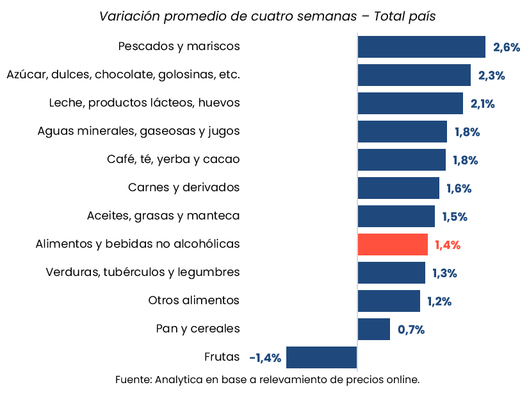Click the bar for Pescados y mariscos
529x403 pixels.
(x=421, y=47)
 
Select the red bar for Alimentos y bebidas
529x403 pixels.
(x=393, y=244)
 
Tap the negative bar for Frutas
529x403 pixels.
(x=321, y=357)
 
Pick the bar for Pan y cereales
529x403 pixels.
(x=374, y=329)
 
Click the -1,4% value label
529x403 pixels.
(x=265, y=358)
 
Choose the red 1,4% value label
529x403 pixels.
(x=448, y=245)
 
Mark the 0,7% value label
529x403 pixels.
(x=411, y=330)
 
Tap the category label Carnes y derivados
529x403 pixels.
(x=184, y=187)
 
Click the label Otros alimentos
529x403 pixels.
(x=193, y=300)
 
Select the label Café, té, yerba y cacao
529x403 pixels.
(x=173, y=159)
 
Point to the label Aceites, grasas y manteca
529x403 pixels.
(x=163, y=216)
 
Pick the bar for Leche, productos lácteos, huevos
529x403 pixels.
(x=411, y=103)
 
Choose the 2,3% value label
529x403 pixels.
(x=491, y=76)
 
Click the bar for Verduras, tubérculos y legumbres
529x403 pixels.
(x=391, y=273)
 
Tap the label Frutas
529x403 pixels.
(x=222, y=357)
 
